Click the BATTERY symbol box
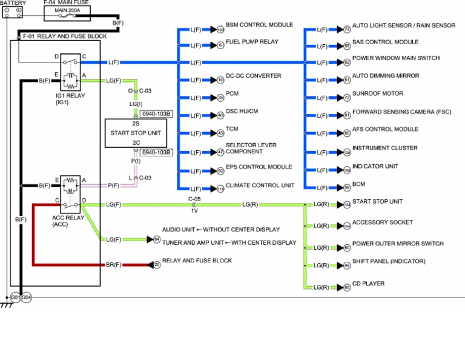tap(15, 11)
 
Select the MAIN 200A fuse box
tap(67, 10)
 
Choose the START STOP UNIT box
tap(136, 133)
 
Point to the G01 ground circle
tap(15, 297)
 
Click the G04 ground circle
tap(26, 297)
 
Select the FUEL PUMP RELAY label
tap(252, 42)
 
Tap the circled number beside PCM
tap(220, 98)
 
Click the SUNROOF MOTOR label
tap(378, 94)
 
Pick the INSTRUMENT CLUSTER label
tap(384, 148)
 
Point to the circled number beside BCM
tap(347, 187)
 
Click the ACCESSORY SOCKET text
tap(382, 222)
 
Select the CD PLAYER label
tap(368, 284)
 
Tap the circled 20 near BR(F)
tap(157, 265)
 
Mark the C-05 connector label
tap(194, 198)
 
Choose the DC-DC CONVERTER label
tap(253, 76)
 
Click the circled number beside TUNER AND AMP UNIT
tap(157, 240)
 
